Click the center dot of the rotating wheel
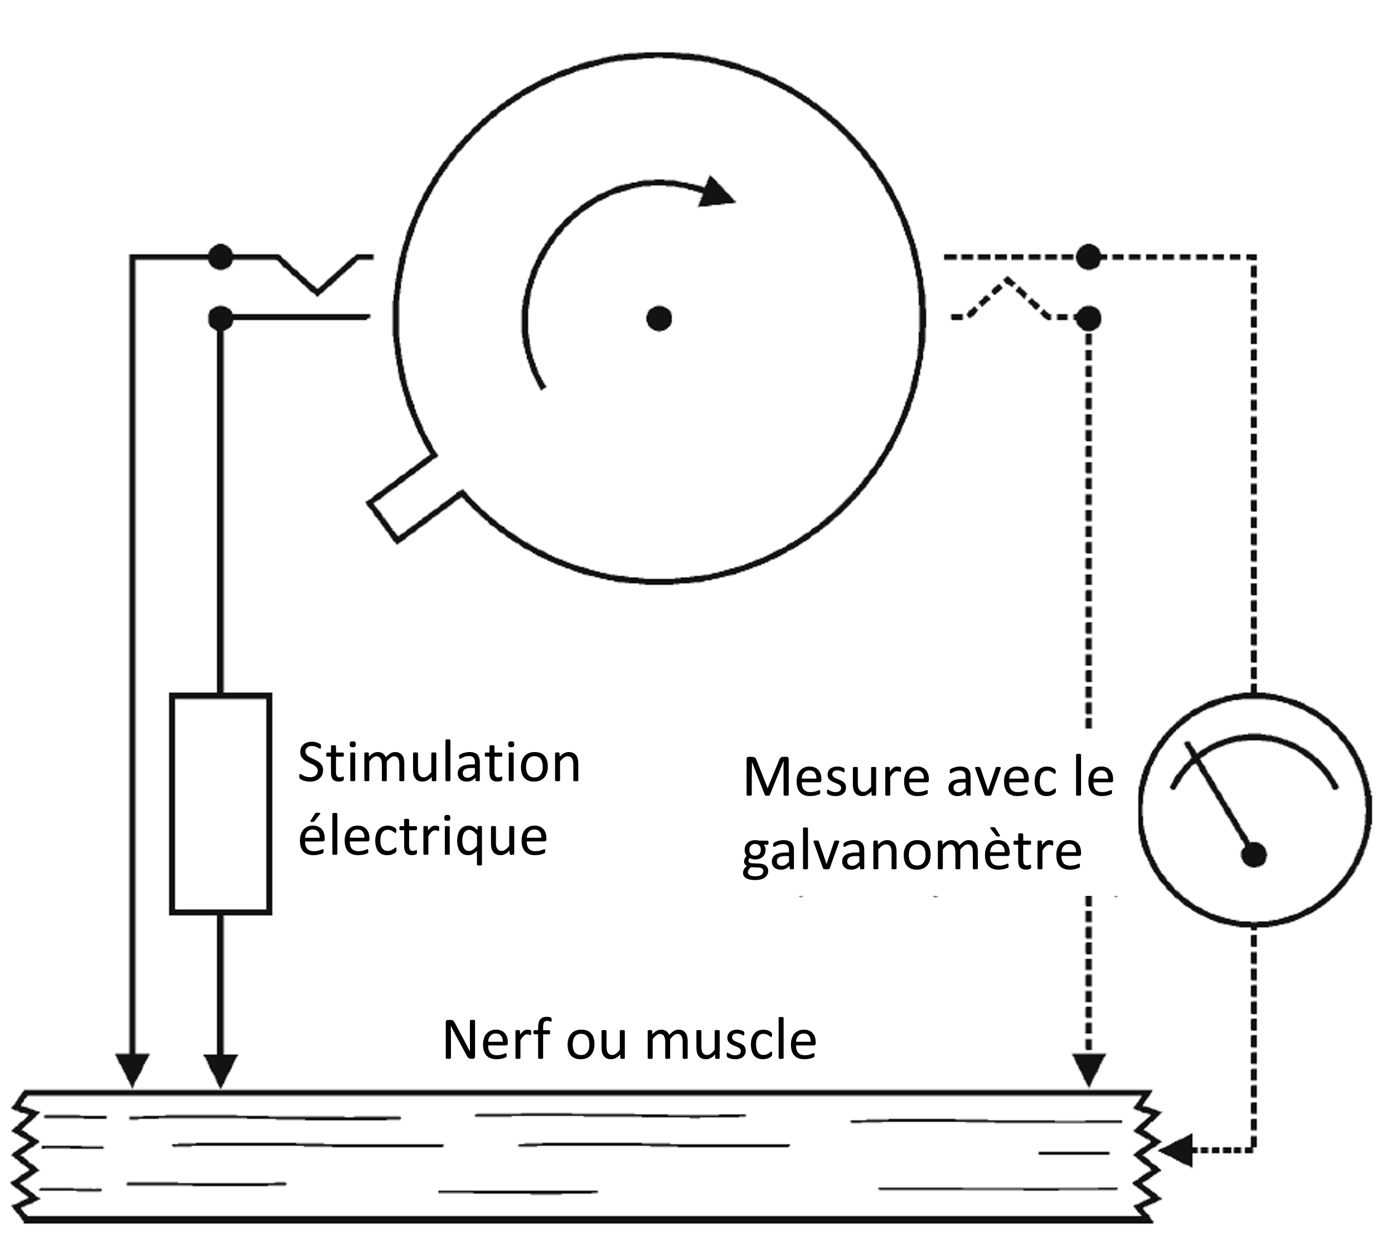click(x=658, y=318)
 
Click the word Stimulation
click(x=439, y=763)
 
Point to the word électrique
click(x=423, y=837)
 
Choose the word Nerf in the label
click(x=496, y=1040)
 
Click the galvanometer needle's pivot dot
click(x=1254, y=855)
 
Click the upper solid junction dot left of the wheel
click(x=220, y=258)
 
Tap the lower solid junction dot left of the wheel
click(x=220, y=318)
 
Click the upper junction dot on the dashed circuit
click(x=1089, y=258)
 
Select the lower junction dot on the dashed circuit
click(x=1089, y=318)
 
